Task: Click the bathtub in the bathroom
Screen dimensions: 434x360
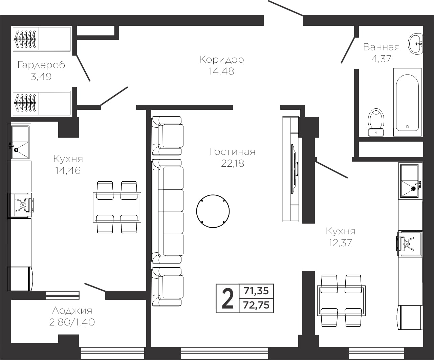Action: tap(407, 102)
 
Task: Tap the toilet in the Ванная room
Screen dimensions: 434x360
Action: tap(376, 123)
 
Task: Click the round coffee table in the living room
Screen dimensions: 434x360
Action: tap(213, 211)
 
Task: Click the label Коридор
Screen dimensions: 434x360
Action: tap(222, 60)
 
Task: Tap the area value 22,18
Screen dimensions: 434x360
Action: tap(232, 164)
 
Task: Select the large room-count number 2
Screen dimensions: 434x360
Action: tap(227, 299)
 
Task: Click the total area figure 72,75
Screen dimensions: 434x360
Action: tap(256, 305)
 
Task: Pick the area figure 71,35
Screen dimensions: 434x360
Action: tap(256, 291)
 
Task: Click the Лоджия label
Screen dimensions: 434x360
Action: tap(72, 311)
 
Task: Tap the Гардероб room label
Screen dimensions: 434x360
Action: tap(41, 65)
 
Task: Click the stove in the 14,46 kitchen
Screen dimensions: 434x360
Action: tap(20, 205)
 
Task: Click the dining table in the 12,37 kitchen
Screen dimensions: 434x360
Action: tap(341, 300)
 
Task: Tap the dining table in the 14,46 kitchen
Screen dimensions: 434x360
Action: tap(117, 207)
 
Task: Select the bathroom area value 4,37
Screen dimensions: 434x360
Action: tap(381, 59)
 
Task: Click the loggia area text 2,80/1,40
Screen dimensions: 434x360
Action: tap(72, 322)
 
